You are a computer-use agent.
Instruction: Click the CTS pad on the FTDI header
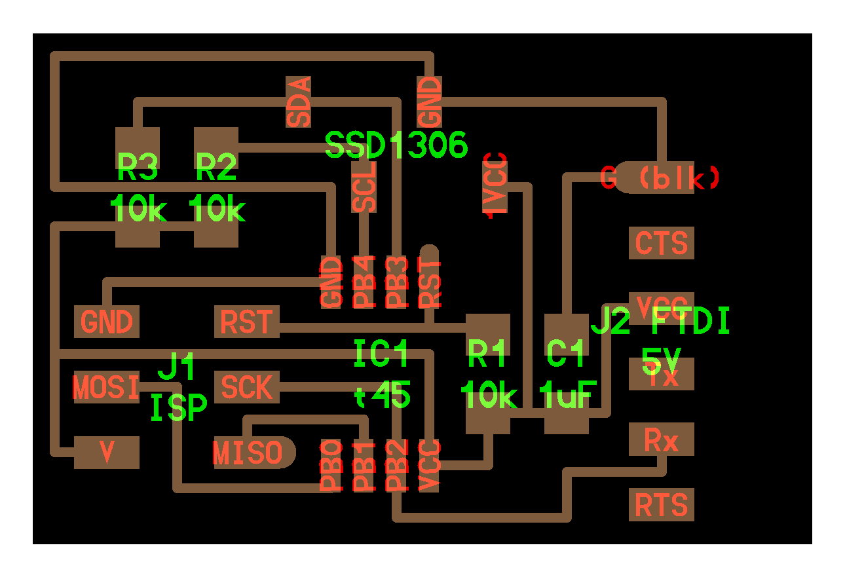tap(661, 243)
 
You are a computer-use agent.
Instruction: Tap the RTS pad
tap(661, 505)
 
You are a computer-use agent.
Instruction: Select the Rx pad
tap(661, 439)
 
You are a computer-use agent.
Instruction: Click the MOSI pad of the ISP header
tap(106, 387)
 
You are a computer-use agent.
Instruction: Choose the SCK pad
tap(246, 387)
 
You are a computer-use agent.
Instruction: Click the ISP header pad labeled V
tap(106, 453)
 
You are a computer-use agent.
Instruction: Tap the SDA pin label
tap(299, 102)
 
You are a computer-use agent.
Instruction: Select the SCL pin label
tap(364, 187)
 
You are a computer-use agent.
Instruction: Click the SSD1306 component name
tap(396, 145)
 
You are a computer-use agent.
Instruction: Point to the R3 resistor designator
tap(138, 169)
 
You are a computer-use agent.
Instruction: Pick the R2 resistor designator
tap(216, 169)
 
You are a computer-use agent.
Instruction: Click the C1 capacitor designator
tap(566, 354)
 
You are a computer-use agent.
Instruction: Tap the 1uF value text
tap(566, 395)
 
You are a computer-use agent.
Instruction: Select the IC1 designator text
tap(381, 354)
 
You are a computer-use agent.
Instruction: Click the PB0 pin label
tap(331, 466)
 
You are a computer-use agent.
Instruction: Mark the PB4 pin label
tap(364, 282)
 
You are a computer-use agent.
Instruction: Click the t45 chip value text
tap(383, 396)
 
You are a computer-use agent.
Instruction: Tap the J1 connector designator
tap(177, 368)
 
